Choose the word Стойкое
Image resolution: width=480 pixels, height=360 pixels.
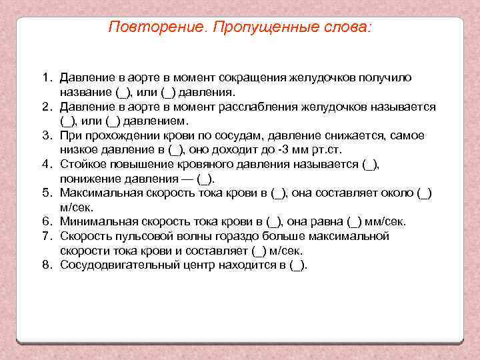pos(82,164)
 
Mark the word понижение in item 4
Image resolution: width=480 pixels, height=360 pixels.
pos(89,179)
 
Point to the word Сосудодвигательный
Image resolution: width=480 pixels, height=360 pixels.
pos(117,265)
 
